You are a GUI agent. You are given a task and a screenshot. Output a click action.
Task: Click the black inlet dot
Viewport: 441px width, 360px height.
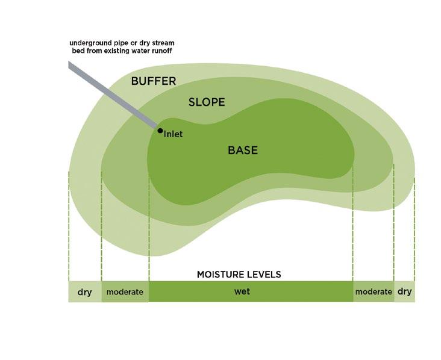160,130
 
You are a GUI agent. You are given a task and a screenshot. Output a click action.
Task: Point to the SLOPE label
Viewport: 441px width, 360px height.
207,102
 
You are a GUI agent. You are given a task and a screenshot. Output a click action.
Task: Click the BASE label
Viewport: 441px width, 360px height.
242,151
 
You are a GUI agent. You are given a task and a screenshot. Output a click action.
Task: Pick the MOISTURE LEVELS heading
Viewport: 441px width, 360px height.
239,275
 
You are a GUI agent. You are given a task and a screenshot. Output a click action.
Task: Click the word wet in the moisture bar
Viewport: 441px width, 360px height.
242,291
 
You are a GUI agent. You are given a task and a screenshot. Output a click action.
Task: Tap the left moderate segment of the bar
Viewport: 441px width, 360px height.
125,292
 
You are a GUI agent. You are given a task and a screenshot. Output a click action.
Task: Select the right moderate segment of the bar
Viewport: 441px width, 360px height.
374,292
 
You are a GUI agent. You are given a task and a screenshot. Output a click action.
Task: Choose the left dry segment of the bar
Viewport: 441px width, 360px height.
84,292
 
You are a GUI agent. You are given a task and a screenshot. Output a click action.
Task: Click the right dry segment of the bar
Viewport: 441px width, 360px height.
405,292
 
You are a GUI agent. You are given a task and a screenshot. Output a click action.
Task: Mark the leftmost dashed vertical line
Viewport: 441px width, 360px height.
69,223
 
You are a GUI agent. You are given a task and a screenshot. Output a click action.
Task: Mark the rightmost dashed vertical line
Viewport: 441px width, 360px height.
414,223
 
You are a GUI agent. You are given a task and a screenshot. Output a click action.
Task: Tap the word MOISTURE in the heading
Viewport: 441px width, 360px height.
217,275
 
